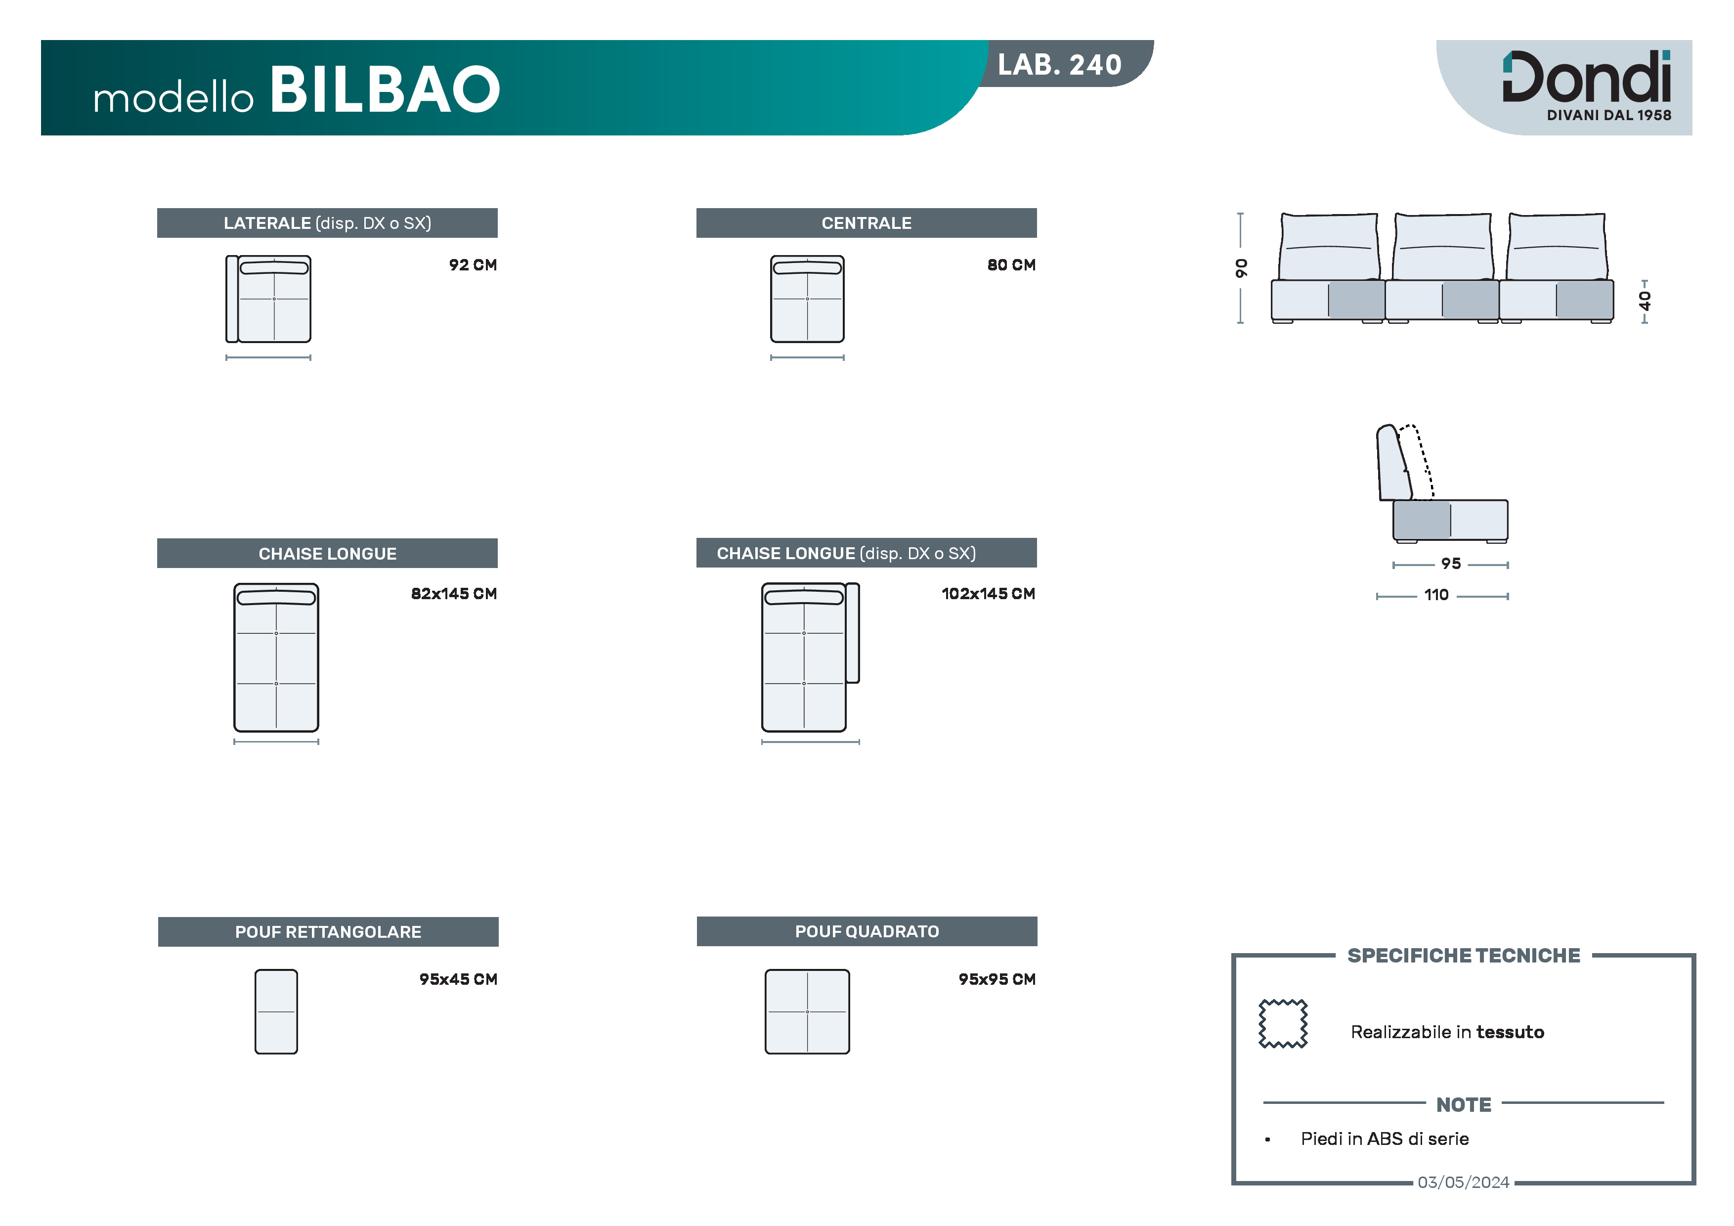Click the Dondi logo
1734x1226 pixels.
[x=1587, y=85]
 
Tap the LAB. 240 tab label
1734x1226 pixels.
[x=1060, y=65]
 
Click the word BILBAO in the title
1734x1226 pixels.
[x=385, y=90]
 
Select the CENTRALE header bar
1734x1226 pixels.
[x=866, y=223]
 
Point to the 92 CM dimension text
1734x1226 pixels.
[x=473, y=265]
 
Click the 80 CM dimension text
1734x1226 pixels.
[x=1011, y=265]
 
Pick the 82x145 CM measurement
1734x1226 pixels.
[x=454, y=594]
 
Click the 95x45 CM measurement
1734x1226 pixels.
[x=458, y=979]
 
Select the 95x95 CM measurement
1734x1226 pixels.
[x=997, y=979]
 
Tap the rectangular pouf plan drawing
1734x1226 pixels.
[x=276, y=1011]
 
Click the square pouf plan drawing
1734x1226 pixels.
[x=807, y=1011]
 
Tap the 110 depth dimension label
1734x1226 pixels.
[x=1436, y=595]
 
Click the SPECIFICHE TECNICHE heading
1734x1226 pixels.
[x=1464, y=956]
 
